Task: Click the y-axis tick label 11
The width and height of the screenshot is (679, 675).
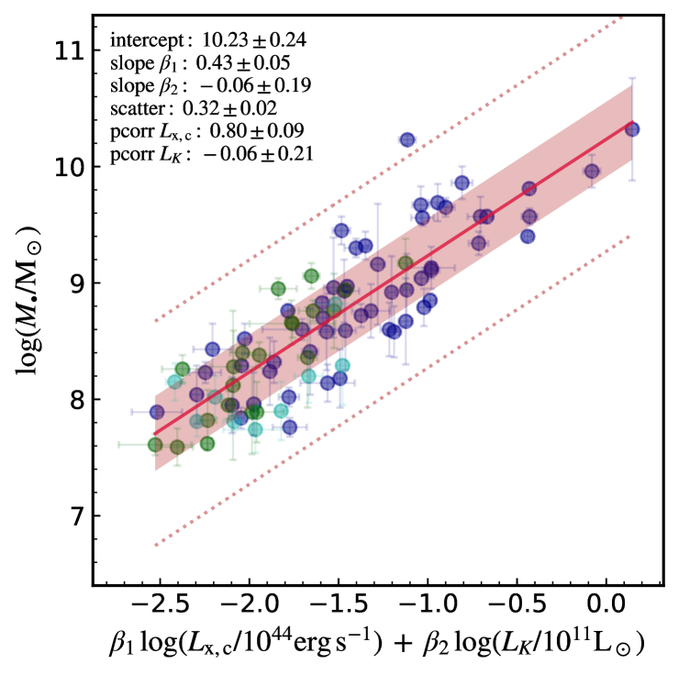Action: pos(65,50)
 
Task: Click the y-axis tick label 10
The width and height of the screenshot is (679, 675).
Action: pos(65,167)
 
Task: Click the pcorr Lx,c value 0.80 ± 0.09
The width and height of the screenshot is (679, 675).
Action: pos(257,132)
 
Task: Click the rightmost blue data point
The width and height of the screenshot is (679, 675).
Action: pos(632,129)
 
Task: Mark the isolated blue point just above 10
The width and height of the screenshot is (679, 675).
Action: pos(407,139)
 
